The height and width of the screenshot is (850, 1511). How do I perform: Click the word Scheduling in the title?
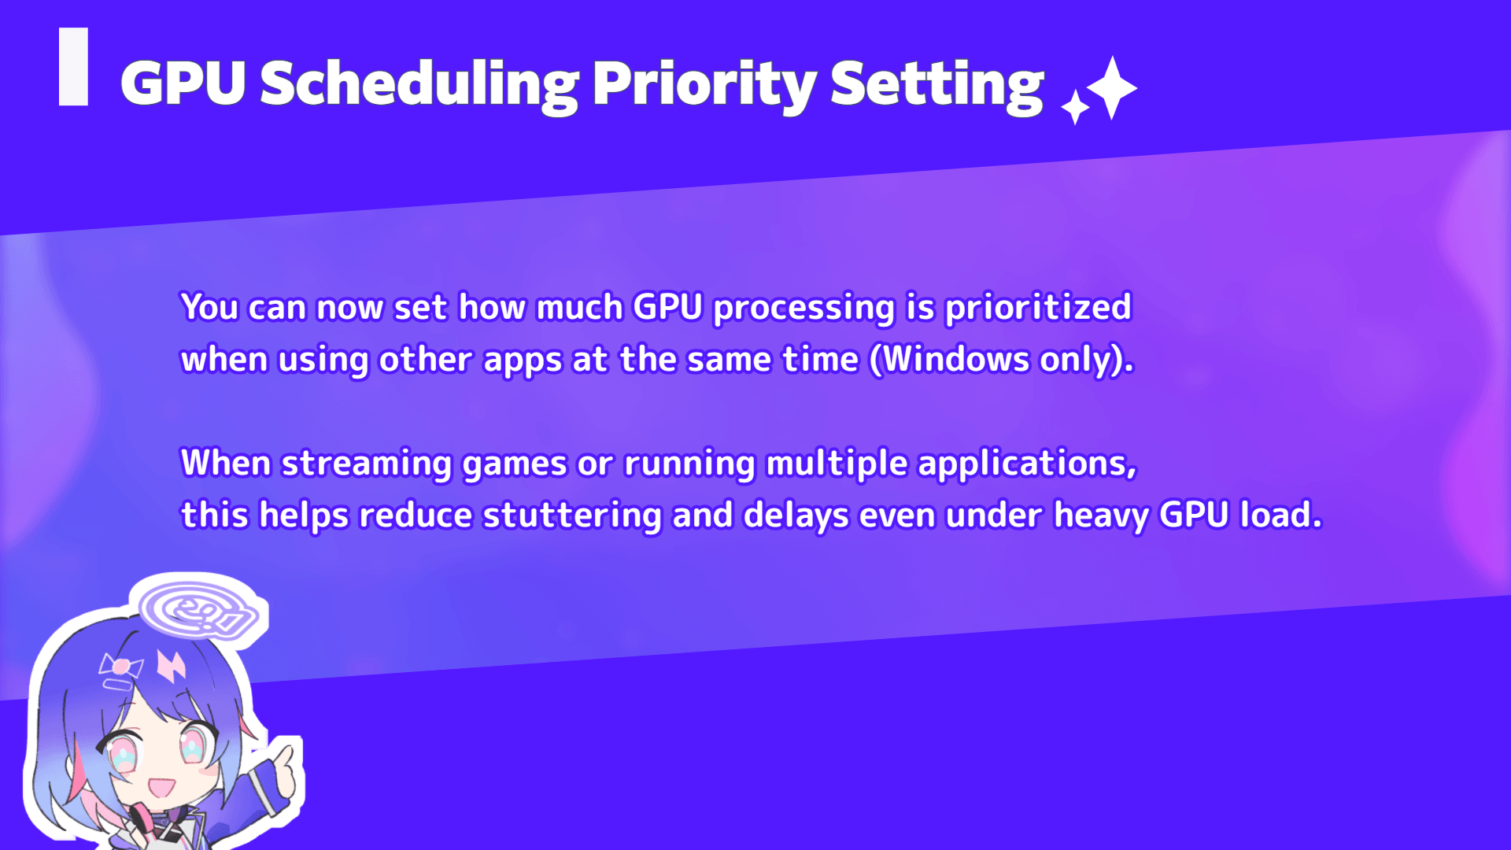(x=419, y=86)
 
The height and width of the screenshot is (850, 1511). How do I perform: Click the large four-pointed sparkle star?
(x=1111, y=87)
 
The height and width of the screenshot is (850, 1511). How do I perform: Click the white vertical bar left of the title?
(x=73, y=67)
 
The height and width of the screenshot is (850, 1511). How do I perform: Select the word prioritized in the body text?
(x=1038, y=308)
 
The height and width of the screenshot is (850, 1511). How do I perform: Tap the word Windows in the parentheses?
(x=956, y=360)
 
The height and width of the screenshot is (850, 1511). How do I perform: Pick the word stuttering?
(x=572, y=516)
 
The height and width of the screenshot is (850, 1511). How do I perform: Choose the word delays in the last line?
(x=796, y=516)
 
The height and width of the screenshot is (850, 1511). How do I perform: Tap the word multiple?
(x=837, y=464)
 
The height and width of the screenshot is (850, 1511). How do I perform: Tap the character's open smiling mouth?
(x=161, y=786)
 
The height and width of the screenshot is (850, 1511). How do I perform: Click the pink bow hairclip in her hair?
(x=120, y=668)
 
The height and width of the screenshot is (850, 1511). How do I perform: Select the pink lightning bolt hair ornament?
(x=171, y=665)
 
